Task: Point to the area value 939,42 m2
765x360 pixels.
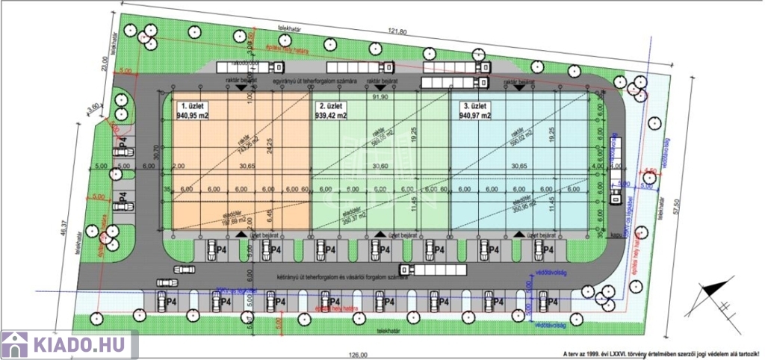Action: click(332, 117)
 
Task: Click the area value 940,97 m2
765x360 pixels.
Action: click(475, 117)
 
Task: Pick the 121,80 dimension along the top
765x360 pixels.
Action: click(397, 31)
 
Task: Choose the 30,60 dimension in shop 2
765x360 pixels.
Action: click(380, 167)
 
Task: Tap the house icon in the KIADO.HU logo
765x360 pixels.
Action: click(14, 345)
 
